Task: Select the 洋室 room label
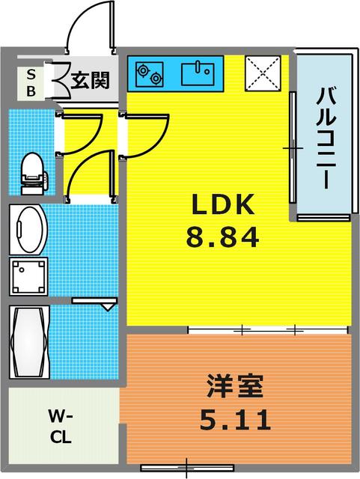(x=234, y=389)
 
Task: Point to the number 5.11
(x=234, y=421)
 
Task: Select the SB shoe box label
(x=31, y=82)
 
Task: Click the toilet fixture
(x=31, y=171)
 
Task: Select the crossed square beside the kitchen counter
(x=263, y=73)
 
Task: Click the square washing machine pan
(x=29, y=276)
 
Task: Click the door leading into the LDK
(x=147, y=133)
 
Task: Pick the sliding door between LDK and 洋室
(x=269, y=329)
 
